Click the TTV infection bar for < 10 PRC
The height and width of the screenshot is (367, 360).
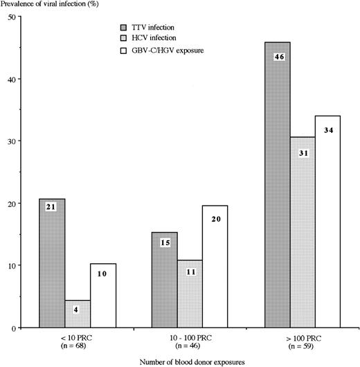coord(52,263)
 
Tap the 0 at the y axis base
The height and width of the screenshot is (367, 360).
coord(15,328)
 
